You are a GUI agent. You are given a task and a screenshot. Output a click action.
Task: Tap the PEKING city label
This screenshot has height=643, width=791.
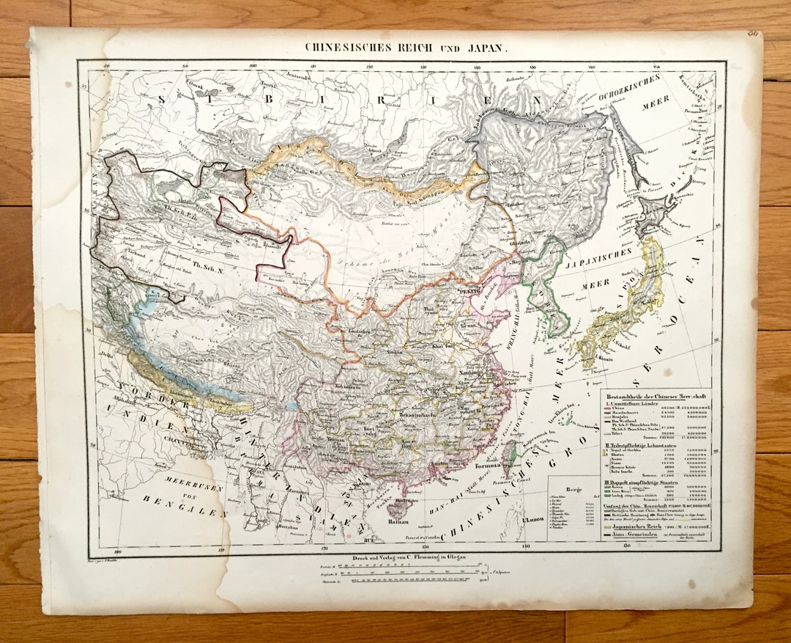coord(472,291)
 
